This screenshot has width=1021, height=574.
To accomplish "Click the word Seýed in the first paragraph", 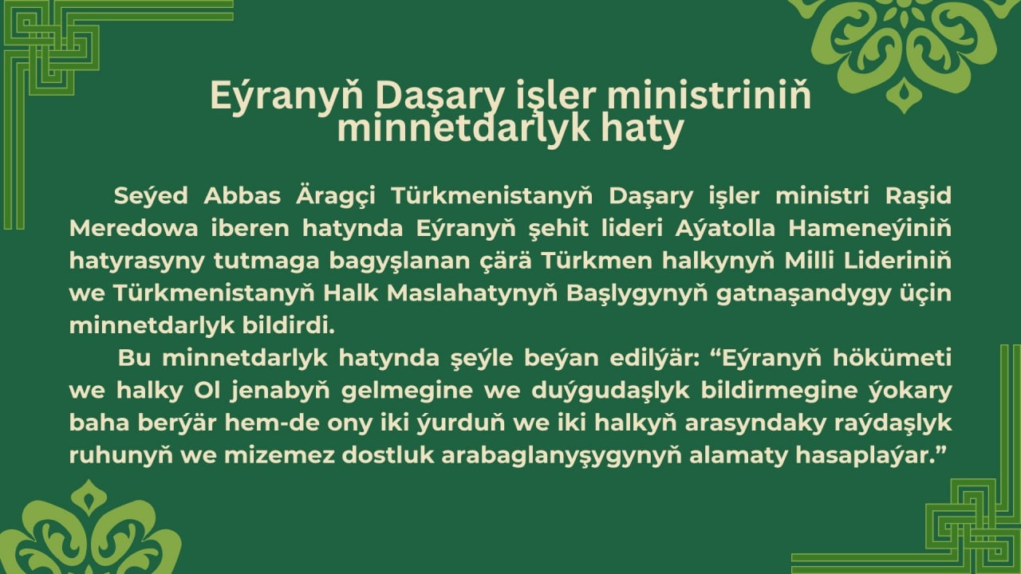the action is click(151, 196).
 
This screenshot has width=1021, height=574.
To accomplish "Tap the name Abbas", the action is click(242, 196).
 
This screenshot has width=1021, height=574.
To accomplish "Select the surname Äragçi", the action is click(336, 196).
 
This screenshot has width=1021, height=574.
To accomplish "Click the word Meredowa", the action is click(134, 229).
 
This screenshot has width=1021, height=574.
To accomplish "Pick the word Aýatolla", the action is click(725, 228).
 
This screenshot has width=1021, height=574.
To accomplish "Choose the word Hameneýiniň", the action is click(870, 228).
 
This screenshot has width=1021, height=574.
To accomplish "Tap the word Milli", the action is click(803, 261).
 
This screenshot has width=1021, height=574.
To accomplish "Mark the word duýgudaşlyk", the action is click(610, 391).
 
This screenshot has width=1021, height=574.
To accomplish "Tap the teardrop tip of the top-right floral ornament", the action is click(904, 96).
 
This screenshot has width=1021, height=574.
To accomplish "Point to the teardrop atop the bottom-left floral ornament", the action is click(89, 497).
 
